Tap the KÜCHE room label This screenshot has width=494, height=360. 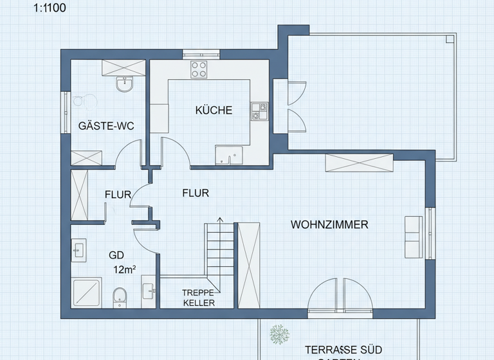pos(214,111)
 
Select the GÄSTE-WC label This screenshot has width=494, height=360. pos(105,126)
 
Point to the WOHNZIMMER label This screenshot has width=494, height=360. pos(329,225)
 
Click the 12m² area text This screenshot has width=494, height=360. pos(124,269)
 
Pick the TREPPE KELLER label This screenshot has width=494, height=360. pos(199,298)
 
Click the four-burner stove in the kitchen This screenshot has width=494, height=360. pos(199,69)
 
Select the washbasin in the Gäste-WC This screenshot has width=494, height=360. pos(124,84)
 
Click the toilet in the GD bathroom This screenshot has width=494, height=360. pos(119,296)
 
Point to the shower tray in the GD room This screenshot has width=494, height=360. pos(86,292)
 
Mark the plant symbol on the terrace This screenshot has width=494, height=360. pos(280,334)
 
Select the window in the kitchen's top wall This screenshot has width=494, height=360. pos(201,54)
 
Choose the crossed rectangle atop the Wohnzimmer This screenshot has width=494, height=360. pos(360,163)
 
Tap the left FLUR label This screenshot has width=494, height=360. pos(118,194)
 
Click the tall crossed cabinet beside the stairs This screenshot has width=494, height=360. pos(248,265)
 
